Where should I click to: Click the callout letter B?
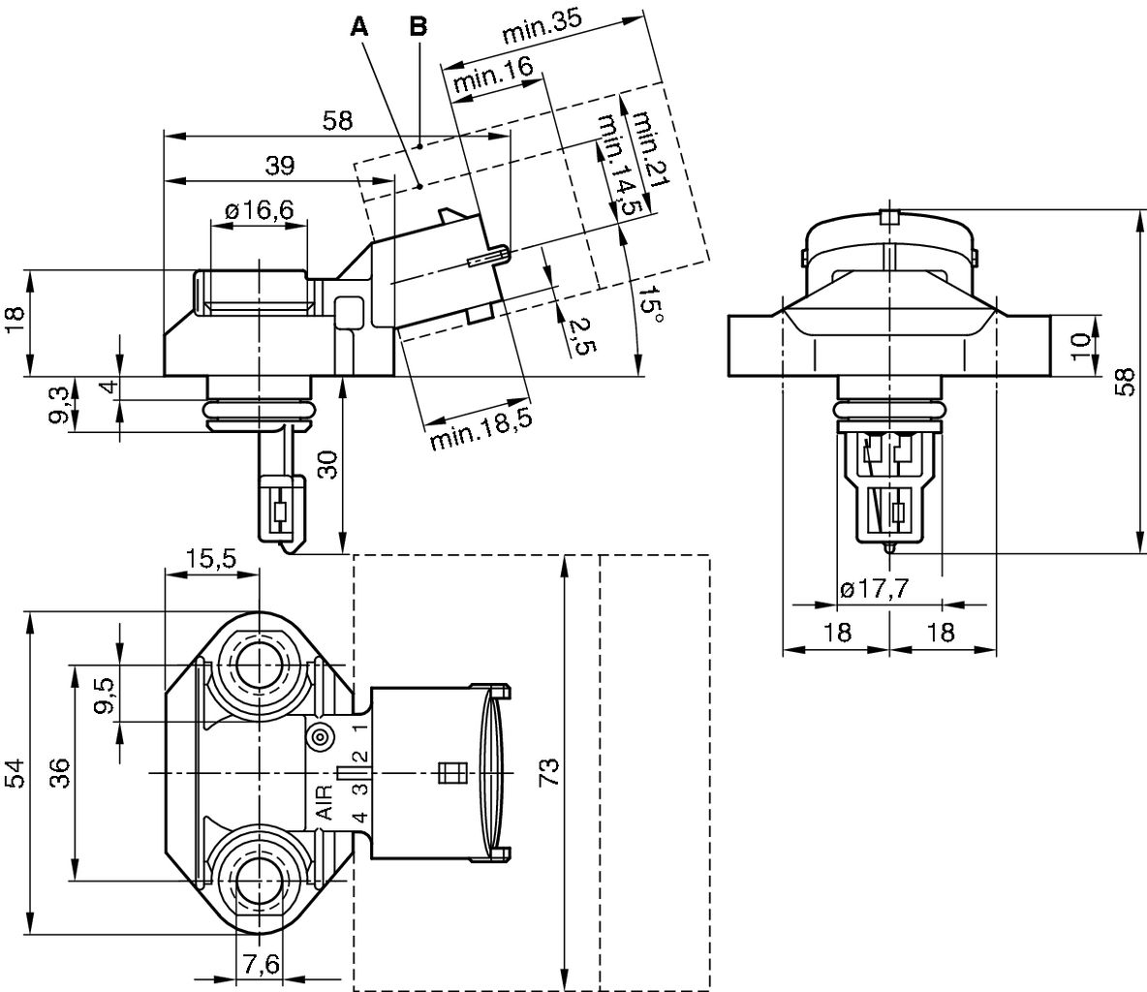pyautogui.click(x=418, y=27)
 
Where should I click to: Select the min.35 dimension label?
pyautogui.click(x=547, y=34)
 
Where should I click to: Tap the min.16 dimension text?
pyautogui.click(x=492, y=76)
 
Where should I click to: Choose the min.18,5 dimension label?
pyautogui.click(x=480, y=426)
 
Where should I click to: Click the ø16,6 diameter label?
pyautogui.click(x=259, y=210)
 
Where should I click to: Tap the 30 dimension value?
pyautogui.click(x=329, y=464)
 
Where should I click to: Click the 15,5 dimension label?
pyautogui.click(x=211, y=559)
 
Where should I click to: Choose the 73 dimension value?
pyautogui.click(x=548, y=772)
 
